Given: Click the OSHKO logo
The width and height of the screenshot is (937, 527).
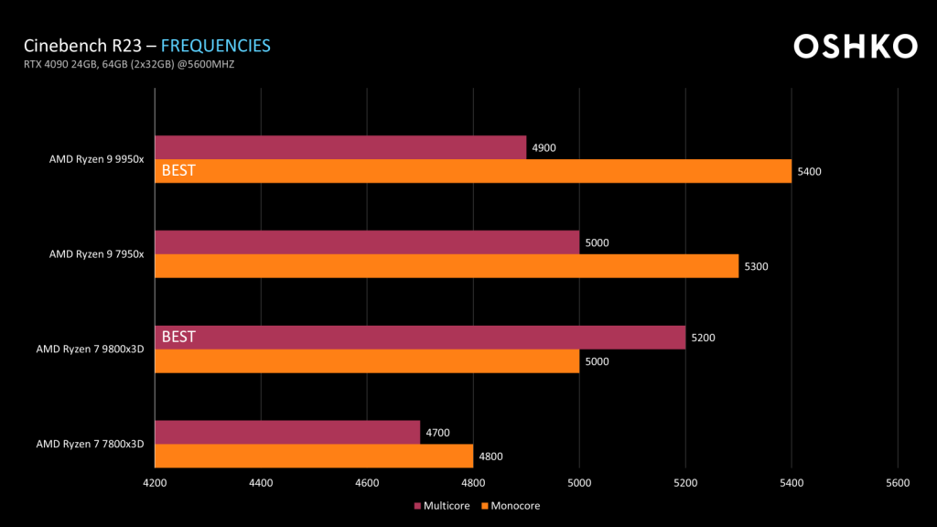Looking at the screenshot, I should pyautogui.click(x=855, y=47).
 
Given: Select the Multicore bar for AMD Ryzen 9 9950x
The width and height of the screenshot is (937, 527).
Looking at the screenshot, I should pyautogui.click(x=340, y=147).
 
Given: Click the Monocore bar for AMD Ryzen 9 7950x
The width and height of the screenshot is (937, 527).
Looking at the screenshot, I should pyautogui.click(x=447, y=265).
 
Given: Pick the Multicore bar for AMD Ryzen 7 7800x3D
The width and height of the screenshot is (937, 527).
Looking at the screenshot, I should pyautogui.click(x=287, y=432).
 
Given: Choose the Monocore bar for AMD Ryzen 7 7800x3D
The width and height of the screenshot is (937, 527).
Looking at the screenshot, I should pyautogui.click(x=314, y=456).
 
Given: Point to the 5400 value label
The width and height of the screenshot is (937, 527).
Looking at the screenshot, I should pyautogui.click(x=809, y=171).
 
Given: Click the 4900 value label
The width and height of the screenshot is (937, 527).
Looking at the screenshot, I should pyautogui.click(x=544, y=147).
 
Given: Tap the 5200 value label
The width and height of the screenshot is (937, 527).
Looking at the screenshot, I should pyautogui.click(x=703, y=338).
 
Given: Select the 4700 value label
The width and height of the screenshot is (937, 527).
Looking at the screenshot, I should pyautogui.click(x=437, y=433).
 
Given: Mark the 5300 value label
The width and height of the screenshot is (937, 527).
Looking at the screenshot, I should pyautogui.click(x=756, y=266).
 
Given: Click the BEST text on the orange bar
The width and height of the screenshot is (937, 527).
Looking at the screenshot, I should pyautogui.click(x=178, y=170).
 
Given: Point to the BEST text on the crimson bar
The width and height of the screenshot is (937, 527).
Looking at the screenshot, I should pyautogui.click(x=178, y=337).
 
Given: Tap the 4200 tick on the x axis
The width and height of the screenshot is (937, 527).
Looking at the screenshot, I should pyautogui.click(x=155, y=482).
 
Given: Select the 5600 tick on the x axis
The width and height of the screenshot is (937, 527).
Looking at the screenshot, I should pyautogui.click(x=898, y=482).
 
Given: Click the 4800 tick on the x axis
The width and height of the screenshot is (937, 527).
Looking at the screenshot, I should pyautogui.click(x=473, y=482).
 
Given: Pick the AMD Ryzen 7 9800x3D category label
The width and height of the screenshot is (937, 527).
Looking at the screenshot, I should pyautogui.click(x=91, y=349).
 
